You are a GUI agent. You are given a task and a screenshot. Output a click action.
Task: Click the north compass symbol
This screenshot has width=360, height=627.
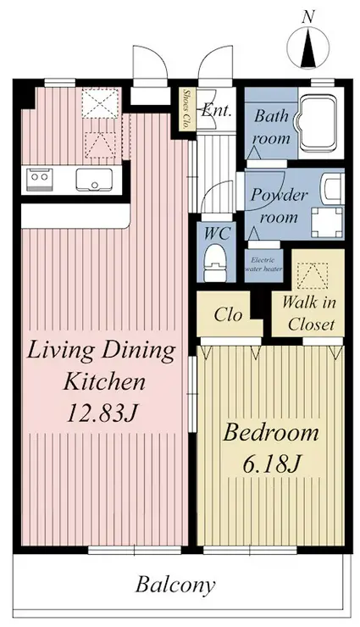coord(308,47)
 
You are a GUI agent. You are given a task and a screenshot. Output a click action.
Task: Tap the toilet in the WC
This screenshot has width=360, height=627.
coord(215,264)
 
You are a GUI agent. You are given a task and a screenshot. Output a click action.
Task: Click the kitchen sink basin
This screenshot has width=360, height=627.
coord(94,180)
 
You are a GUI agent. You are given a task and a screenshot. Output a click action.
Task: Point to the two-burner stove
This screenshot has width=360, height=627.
coord(40,178)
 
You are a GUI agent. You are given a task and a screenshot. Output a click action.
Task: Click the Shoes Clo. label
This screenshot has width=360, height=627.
coord(186,108)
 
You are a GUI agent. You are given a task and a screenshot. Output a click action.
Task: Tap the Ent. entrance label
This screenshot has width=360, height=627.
coord(216,109)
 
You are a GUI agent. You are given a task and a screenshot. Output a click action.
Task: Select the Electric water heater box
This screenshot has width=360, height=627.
coord(263,265)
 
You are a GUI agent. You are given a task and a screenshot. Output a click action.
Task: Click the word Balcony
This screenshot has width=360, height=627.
coord(175,585)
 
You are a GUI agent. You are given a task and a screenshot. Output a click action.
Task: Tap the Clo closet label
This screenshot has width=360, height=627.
coord(228,314)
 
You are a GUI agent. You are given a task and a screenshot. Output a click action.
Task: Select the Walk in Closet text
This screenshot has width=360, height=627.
coord(310,313)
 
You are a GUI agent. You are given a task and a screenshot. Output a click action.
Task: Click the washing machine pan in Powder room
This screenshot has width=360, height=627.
coord(327,222)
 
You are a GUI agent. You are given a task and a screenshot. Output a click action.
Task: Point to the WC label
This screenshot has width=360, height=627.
coord(217,233)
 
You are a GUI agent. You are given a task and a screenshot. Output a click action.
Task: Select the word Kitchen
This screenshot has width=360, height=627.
coord(105,381)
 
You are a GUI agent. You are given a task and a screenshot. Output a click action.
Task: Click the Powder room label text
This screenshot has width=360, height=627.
coord(280,206)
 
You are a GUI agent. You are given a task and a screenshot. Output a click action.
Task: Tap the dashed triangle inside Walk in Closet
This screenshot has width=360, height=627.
coord(313,276)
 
